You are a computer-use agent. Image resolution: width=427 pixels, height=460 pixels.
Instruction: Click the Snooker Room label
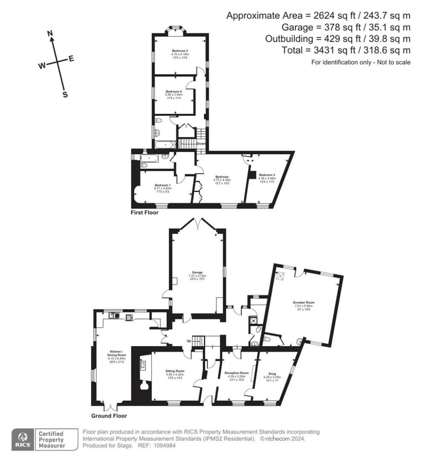pyautogui.click(x=304, y=302)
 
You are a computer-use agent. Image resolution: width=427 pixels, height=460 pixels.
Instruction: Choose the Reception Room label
pyautogui.click(x=236, y=372)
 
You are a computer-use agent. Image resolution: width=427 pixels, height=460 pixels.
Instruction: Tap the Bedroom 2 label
pyautogui.click(x=180, y=51)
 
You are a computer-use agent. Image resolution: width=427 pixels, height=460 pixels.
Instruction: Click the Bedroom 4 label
pyautogui.click(x=174, y=91)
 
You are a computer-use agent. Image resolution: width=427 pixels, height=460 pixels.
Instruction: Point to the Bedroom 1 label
pyautogui.click(x=163, y=185)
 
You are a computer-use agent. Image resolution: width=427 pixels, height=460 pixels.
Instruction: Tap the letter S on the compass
pyautogui.click(x=65, y=95)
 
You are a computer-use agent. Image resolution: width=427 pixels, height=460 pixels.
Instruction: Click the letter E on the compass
pyautogui.click(x=71, y=59)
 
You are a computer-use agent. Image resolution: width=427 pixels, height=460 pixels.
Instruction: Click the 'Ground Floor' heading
pyautogui.click(x=109, y=416)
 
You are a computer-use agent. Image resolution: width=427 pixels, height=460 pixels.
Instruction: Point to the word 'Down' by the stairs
pyautogui.click(x=201, y=143)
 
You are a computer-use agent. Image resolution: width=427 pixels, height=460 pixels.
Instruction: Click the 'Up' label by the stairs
pyautogui.click(x=188, y=340)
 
